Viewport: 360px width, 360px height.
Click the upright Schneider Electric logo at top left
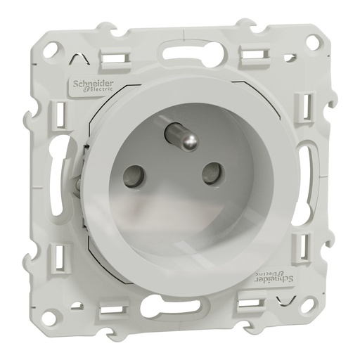coord(89,85)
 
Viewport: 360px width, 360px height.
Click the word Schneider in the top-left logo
coord(89,82)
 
